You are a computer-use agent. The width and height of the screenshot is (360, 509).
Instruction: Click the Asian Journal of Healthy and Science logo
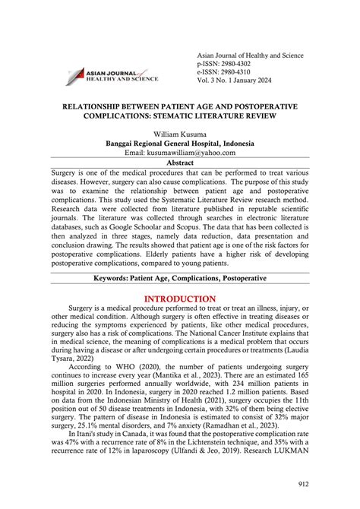point(112,74)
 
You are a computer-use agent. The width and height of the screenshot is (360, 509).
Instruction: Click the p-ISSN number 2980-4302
point(227,65)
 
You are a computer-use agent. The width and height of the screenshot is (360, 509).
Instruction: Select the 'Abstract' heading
point(180,162)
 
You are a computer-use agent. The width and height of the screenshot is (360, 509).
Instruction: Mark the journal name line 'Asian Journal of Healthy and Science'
point(249,55)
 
